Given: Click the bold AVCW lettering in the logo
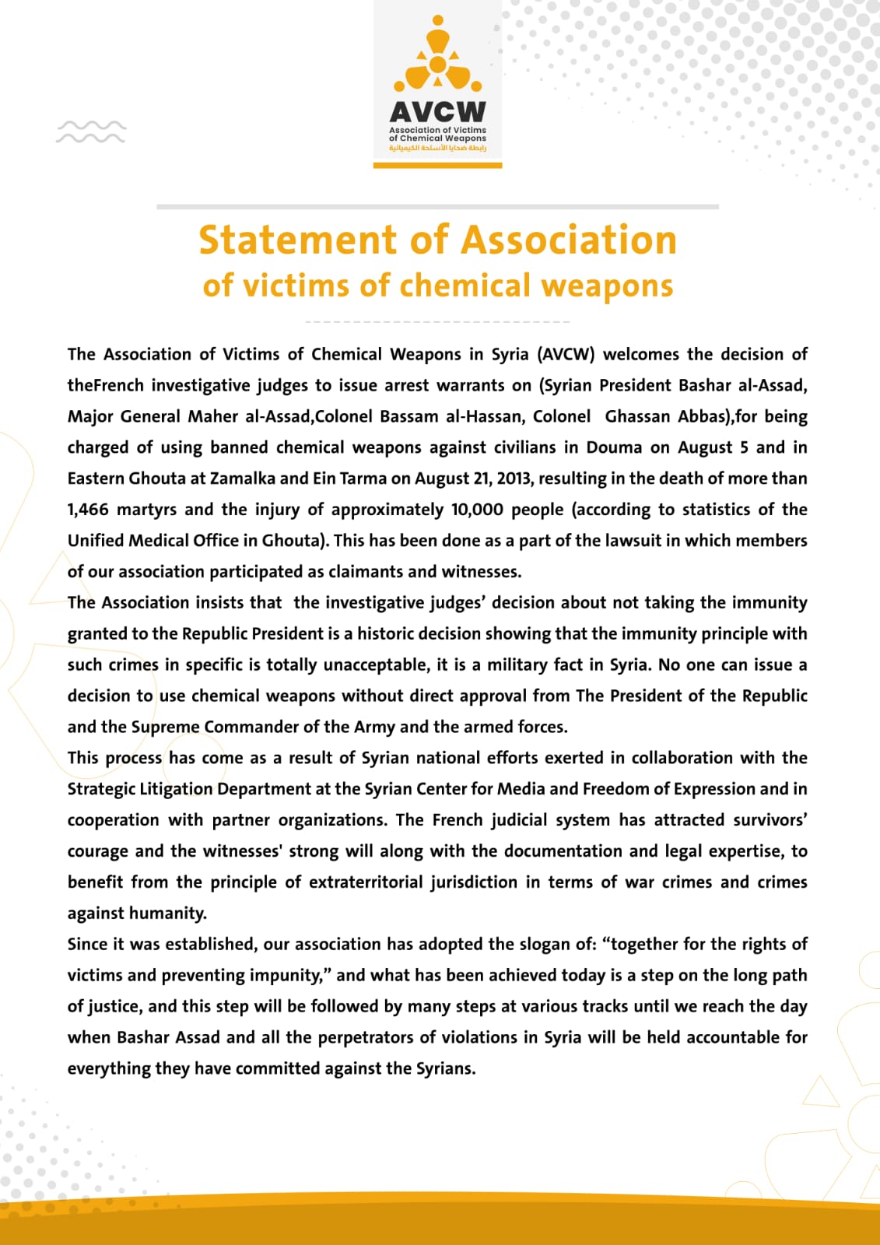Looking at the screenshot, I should point(437,111).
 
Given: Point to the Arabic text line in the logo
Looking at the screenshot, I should point(437,148).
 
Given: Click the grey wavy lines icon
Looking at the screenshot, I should point(90,132).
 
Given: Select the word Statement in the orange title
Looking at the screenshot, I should point(296,240).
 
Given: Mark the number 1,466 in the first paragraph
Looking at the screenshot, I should point(87,510).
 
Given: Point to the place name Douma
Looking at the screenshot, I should point(614,447).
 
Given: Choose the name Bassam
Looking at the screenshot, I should point(409,416).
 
